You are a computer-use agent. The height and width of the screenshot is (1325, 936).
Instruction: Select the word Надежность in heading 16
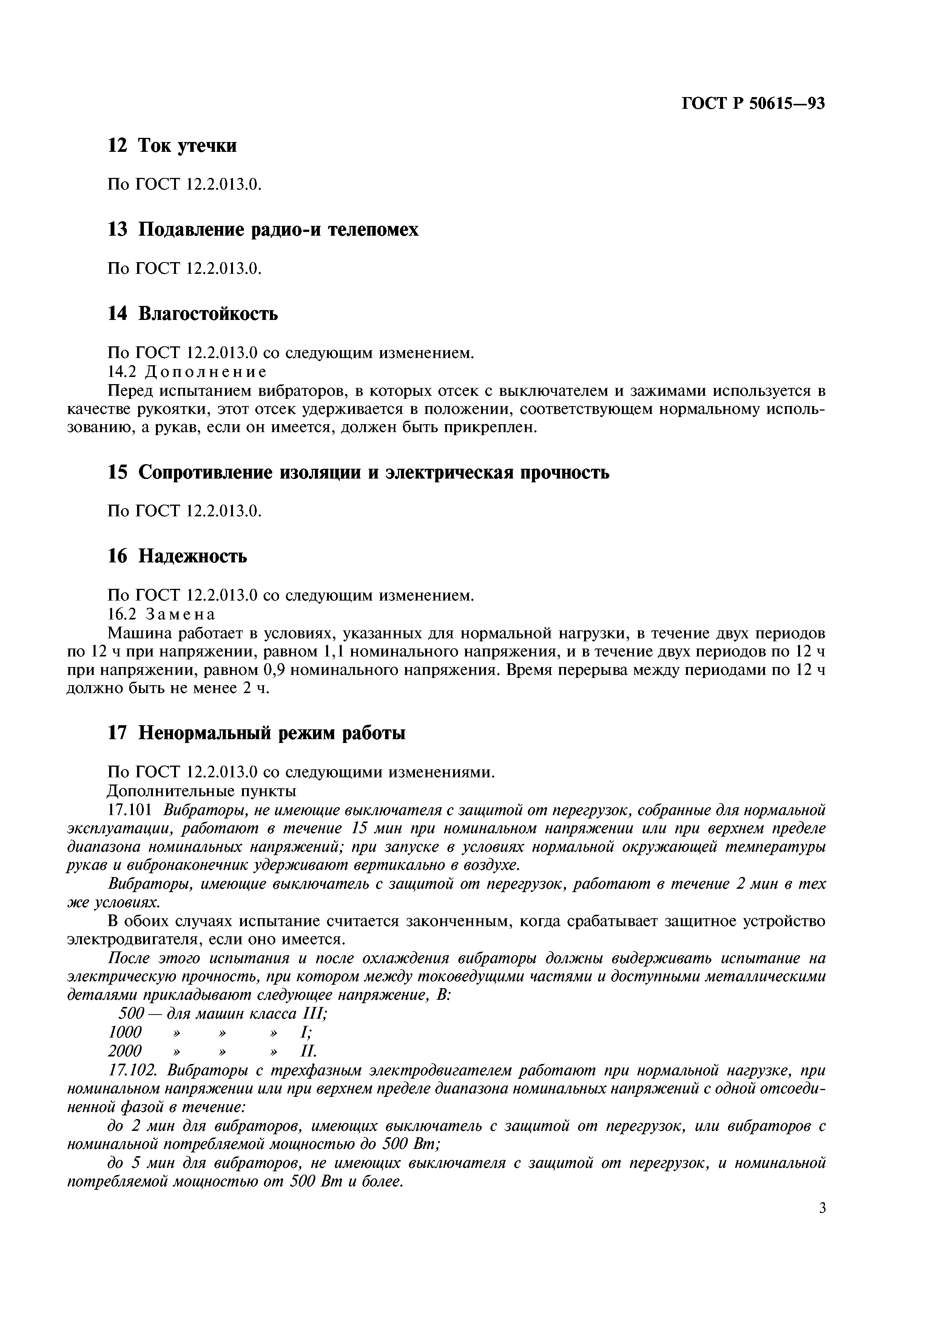pos(193,556)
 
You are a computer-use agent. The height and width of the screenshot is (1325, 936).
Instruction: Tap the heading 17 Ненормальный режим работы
pos(257,734)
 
